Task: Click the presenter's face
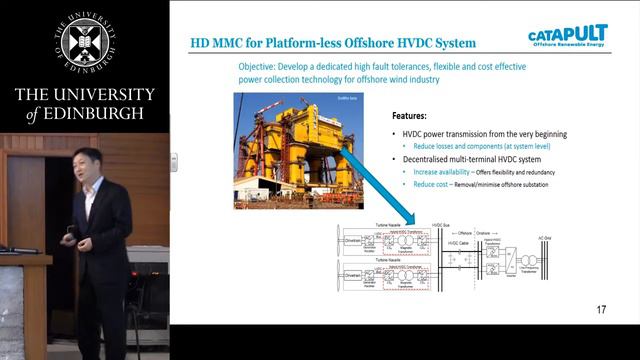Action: pyautogui.click(x=92, y=164)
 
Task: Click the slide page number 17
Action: pyautogui.click(x=601, y=310)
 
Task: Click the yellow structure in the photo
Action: pyautogui.click(x=279, y=140)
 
